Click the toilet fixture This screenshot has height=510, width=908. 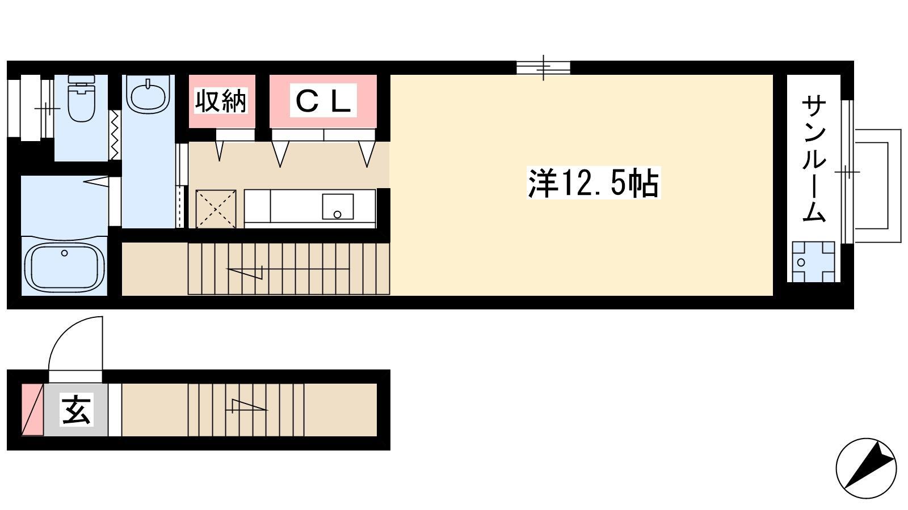(82, 98)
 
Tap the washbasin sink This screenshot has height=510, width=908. (148, 95)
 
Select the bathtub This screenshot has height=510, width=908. (65, 267)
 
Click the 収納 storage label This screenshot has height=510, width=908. (221, 101)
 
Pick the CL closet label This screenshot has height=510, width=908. (323, 101)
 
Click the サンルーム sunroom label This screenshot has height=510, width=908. (814, 158)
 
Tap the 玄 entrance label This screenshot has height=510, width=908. (77, 409)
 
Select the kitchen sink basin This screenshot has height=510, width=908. (338, 206)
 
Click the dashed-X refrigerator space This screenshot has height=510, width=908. (216, 209)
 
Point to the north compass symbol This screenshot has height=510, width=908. (866, 468)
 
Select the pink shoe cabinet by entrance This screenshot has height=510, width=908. (32, 410)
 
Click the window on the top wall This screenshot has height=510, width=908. (543, 67)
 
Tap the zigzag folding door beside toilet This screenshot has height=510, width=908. (115, 135)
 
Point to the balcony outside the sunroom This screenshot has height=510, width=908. (877, 186)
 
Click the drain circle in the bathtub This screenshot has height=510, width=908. (64, 253)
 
